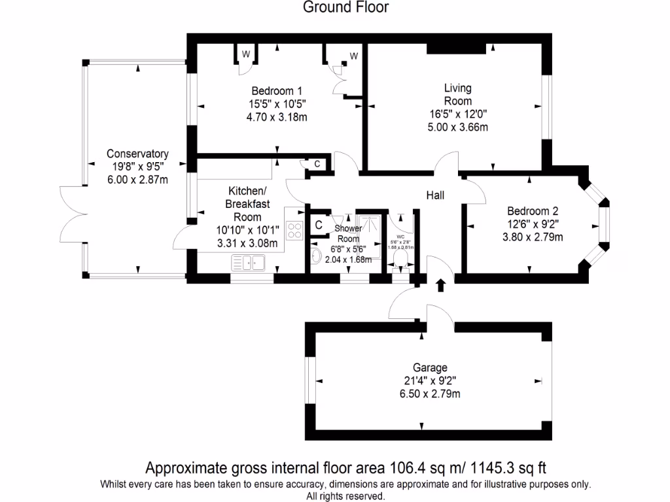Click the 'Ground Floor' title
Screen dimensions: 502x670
tap(345, 7)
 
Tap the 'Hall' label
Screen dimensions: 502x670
tap(436, 195)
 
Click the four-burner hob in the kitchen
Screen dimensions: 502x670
tap(295, 230)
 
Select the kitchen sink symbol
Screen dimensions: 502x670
tap(247, 263)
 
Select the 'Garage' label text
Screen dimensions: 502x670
tap(430, 367)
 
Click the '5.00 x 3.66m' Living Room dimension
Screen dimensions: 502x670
tap(457, 127)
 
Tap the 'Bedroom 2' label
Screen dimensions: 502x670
tap(533, 211)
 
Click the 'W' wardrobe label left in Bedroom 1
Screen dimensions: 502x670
tap(246, 54)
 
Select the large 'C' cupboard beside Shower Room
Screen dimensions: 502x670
tap(319, 225)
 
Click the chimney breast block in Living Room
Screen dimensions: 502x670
tap(456, 48)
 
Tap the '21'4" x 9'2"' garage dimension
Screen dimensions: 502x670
tap(430, 380)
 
